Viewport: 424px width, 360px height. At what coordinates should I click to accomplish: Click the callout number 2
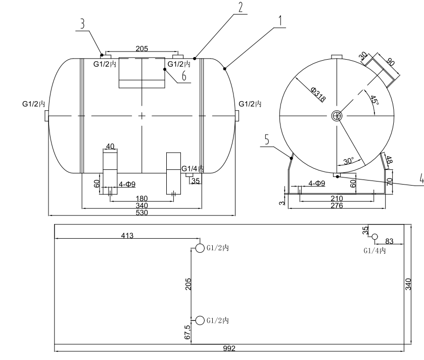(x=240, y=7)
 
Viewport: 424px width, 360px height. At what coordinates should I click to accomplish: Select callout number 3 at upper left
(x=82, y=24)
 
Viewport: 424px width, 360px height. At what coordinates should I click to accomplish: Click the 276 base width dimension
(x=337, y=206)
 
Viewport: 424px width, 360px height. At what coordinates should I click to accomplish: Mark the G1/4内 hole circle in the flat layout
(x=374, y=237)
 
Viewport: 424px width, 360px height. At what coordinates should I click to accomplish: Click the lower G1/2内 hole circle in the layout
(x=200, y=320)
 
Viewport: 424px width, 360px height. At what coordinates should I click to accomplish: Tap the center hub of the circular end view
(x=336, y=116)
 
